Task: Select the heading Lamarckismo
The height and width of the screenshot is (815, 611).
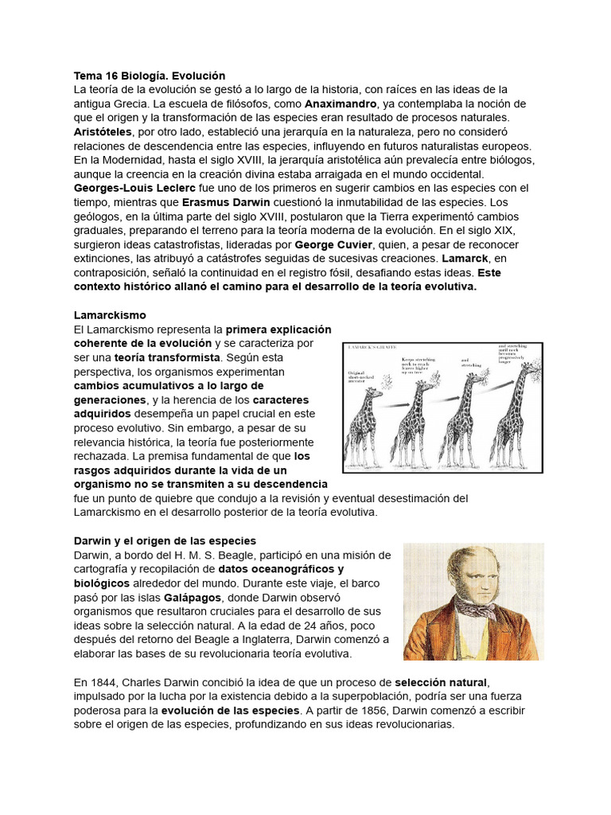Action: pyautogui.click(x=110, y=314)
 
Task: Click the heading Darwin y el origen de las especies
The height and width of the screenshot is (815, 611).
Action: pyautogui.click(x=164, y=540)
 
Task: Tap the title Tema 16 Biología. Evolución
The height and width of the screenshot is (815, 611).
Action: pyautogui.click(x=150, y=76)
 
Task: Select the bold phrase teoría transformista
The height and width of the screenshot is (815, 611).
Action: pyautogui.click(x=167, y=357)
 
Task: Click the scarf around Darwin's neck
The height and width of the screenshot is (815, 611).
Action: pyautogui.click(x=475, y=608)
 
